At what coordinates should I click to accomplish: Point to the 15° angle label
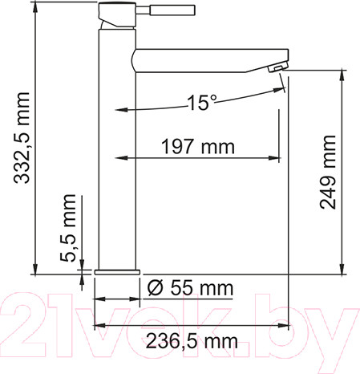(202, 102)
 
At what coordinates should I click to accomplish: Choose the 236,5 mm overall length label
(192, 340)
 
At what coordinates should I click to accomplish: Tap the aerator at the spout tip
(277, 69)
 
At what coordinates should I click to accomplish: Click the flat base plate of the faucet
(117, 271)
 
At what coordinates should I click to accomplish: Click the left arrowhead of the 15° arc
(121, 109)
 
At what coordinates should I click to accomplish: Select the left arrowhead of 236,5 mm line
(99, 326)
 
